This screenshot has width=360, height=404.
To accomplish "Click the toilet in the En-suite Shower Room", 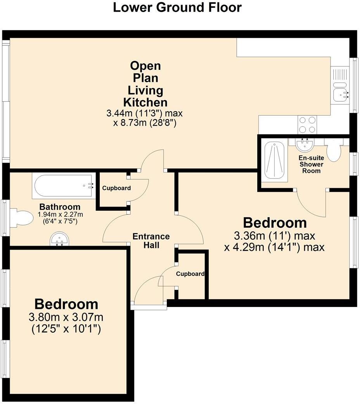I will (333, 151).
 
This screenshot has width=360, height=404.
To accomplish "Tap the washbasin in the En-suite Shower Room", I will (305, 146).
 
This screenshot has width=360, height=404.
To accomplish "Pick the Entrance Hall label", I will (151, 241).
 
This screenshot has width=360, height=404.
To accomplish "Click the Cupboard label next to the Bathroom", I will (116, 188).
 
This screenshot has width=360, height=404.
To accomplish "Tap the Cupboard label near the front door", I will (190, 274).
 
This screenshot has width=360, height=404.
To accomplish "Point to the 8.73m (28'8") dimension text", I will (144, 123).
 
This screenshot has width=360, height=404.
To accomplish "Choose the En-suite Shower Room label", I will (311, 164).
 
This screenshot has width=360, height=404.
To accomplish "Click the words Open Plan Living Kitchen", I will (145, 84).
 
